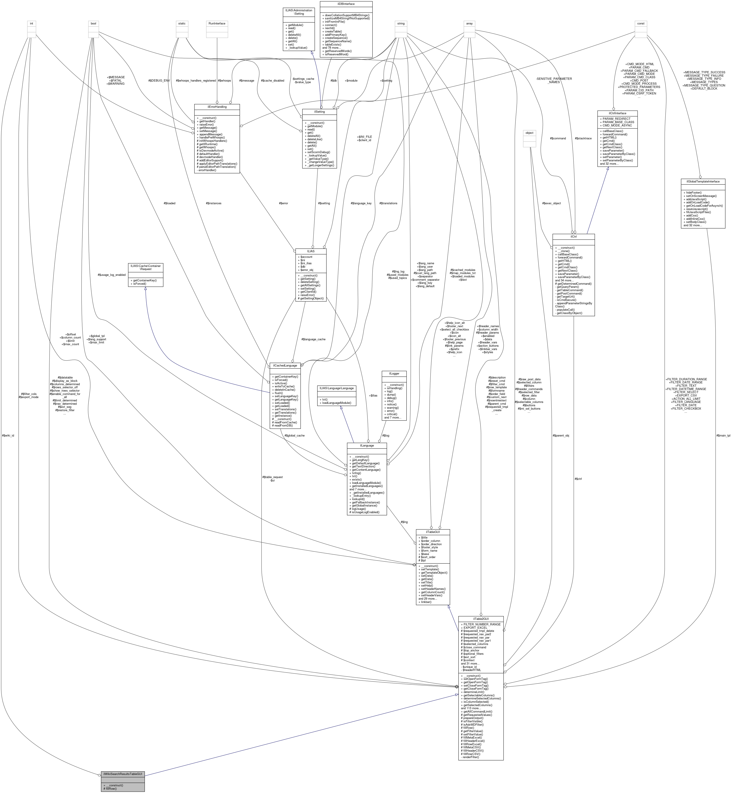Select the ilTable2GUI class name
[x=481, y=619]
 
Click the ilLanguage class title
[x=366, y=445]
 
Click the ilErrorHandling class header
[x=217, y=107]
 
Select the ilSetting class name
[x=319, y=112]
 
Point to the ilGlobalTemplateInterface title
[x=703, y=181]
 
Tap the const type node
[x=640, y=23]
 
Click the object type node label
[x=529, y=133]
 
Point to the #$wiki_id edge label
[x=8, y=435]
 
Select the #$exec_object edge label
[x=551, y=203]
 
